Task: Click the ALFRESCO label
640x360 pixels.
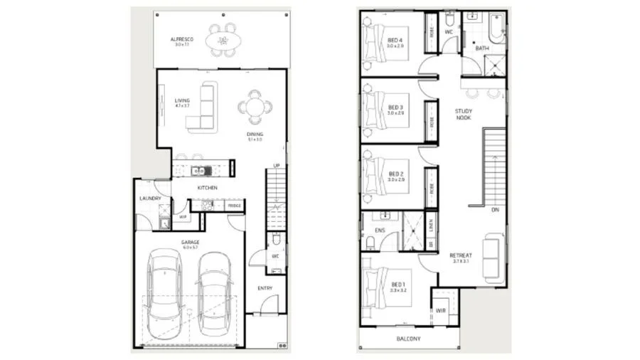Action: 182,39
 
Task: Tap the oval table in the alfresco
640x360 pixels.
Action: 223,41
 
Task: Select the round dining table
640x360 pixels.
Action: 255,107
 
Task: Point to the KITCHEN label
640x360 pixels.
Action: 208,188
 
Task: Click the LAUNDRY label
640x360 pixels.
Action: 150,198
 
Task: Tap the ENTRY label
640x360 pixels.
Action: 265,288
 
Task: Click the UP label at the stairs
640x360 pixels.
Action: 276,166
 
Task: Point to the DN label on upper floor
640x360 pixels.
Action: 494,210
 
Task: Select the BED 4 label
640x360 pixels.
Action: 395,40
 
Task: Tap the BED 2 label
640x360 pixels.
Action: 396,174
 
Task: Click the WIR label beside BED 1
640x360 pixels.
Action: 441,310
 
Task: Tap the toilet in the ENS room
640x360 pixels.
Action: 370,243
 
